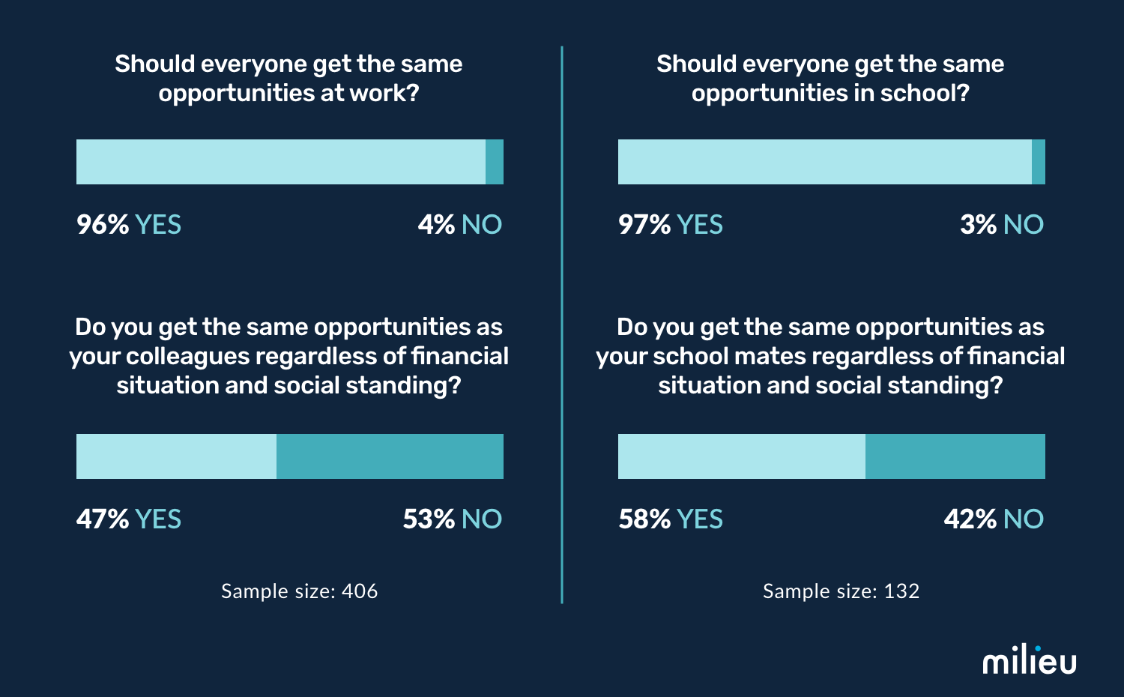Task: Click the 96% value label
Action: (103, 224)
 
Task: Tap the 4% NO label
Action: (459, 224)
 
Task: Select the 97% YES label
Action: (670, 224)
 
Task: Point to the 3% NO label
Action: (1001, 224)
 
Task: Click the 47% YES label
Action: (128, 519)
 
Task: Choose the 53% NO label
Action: (452, 519)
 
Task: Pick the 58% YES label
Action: (670, 519)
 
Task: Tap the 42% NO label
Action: (993, 519)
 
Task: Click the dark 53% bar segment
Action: (390, 456)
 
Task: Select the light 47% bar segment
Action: (176, 456)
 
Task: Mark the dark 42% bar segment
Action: (955, 456)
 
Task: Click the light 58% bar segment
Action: (741, 456)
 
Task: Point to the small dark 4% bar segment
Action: (495, 162)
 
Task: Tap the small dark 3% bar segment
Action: (1039, 162)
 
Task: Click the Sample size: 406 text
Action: (299, 591)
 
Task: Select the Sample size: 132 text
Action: (841, 591)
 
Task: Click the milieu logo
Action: (1029, 660)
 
